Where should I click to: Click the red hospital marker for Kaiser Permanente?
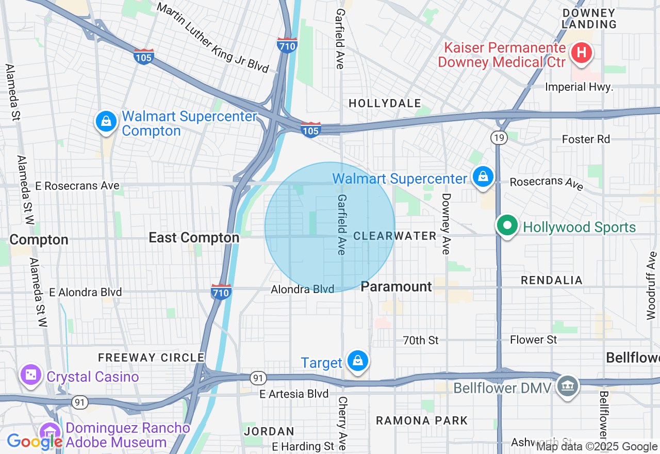click(581, 53)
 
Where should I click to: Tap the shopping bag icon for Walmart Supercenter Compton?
click(106, 122)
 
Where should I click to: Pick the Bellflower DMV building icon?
click(568, 386)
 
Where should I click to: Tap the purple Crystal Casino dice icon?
click(30, 375)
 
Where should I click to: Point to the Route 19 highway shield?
click(498, 137)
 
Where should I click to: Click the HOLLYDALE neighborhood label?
click(385, 104)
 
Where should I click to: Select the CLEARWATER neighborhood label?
click(395, 236)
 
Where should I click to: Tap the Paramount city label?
click(396, 287)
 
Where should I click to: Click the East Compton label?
click(194, 238)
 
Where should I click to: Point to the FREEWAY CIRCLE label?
click(151, 358)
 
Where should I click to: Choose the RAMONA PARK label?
click(421, 420)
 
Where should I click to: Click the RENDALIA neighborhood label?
click(551, 280)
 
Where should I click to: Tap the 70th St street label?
click(420, 340)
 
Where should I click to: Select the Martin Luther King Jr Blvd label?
click(213, 38)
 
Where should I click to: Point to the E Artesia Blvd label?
click(294, 394)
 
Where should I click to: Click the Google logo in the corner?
click(35, 442)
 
